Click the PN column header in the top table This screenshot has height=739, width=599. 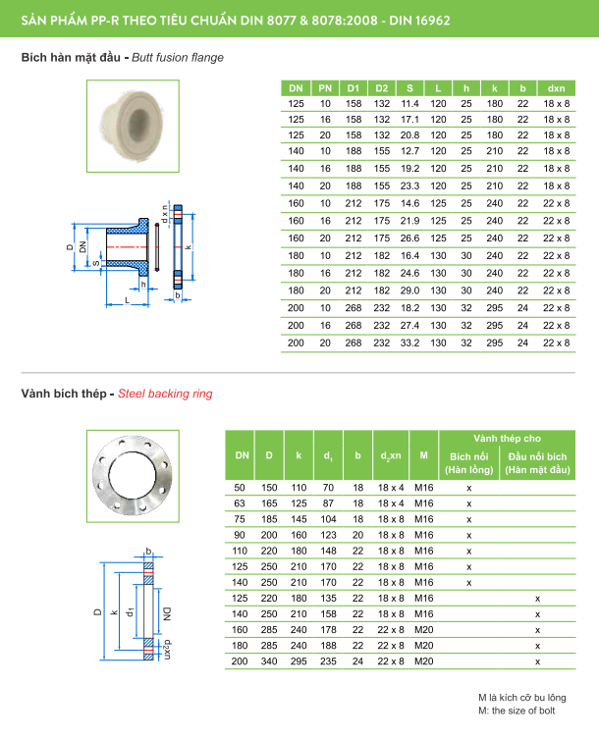point(325,86)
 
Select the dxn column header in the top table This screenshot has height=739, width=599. point(556,86)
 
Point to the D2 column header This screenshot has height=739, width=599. point(382,86)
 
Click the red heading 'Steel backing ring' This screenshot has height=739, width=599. point(165,394)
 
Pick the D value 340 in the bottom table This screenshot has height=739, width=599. point(269,662)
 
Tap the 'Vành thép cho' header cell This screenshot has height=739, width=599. point(506,438)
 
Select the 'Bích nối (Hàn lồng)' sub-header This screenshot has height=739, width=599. point(468,463)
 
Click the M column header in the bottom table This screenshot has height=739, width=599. point(423,455)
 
